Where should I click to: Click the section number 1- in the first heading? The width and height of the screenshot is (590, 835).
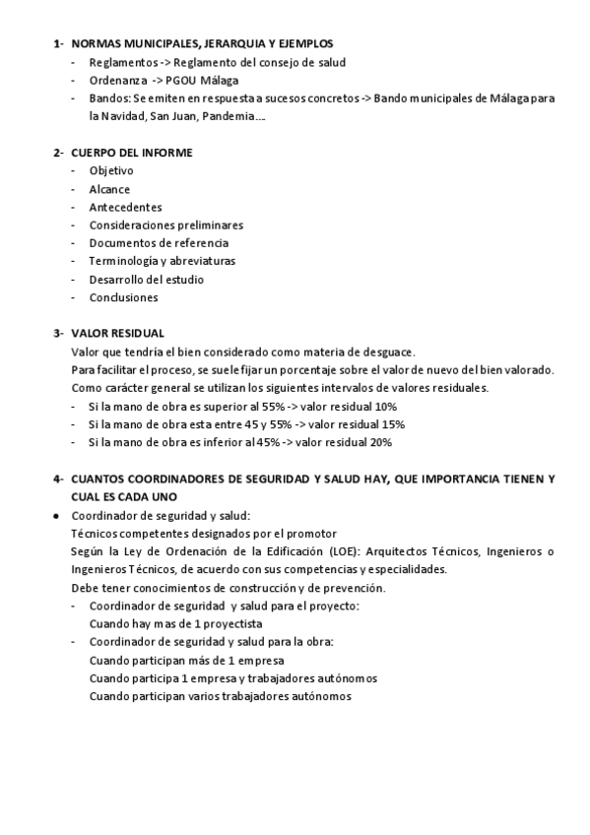tap(58, 44)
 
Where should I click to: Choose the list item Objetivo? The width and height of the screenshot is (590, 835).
tap(110, 170)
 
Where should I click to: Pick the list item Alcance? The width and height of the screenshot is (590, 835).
tap(108, 189)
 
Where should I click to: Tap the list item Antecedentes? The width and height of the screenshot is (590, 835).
tap(125, 207)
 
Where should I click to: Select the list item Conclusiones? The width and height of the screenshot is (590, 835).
tap(123, 297)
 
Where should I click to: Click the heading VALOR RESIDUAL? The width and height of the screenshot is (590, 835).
tap(118, 334)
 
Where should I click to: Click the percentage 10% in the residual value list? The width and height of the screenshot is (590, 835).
tap(386, 406)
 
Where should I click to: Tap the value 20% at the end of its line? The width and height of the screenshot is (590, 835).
tap(381, 442)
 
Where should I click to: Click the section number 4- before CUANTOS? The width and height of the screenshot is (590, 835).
tap(58, 479)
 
